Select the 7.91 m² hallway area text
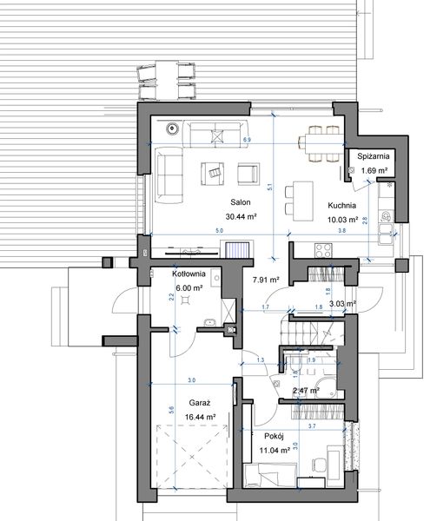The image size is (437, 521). click(266, 280)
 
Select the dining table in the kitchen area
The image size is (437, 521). click(320, 143)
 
